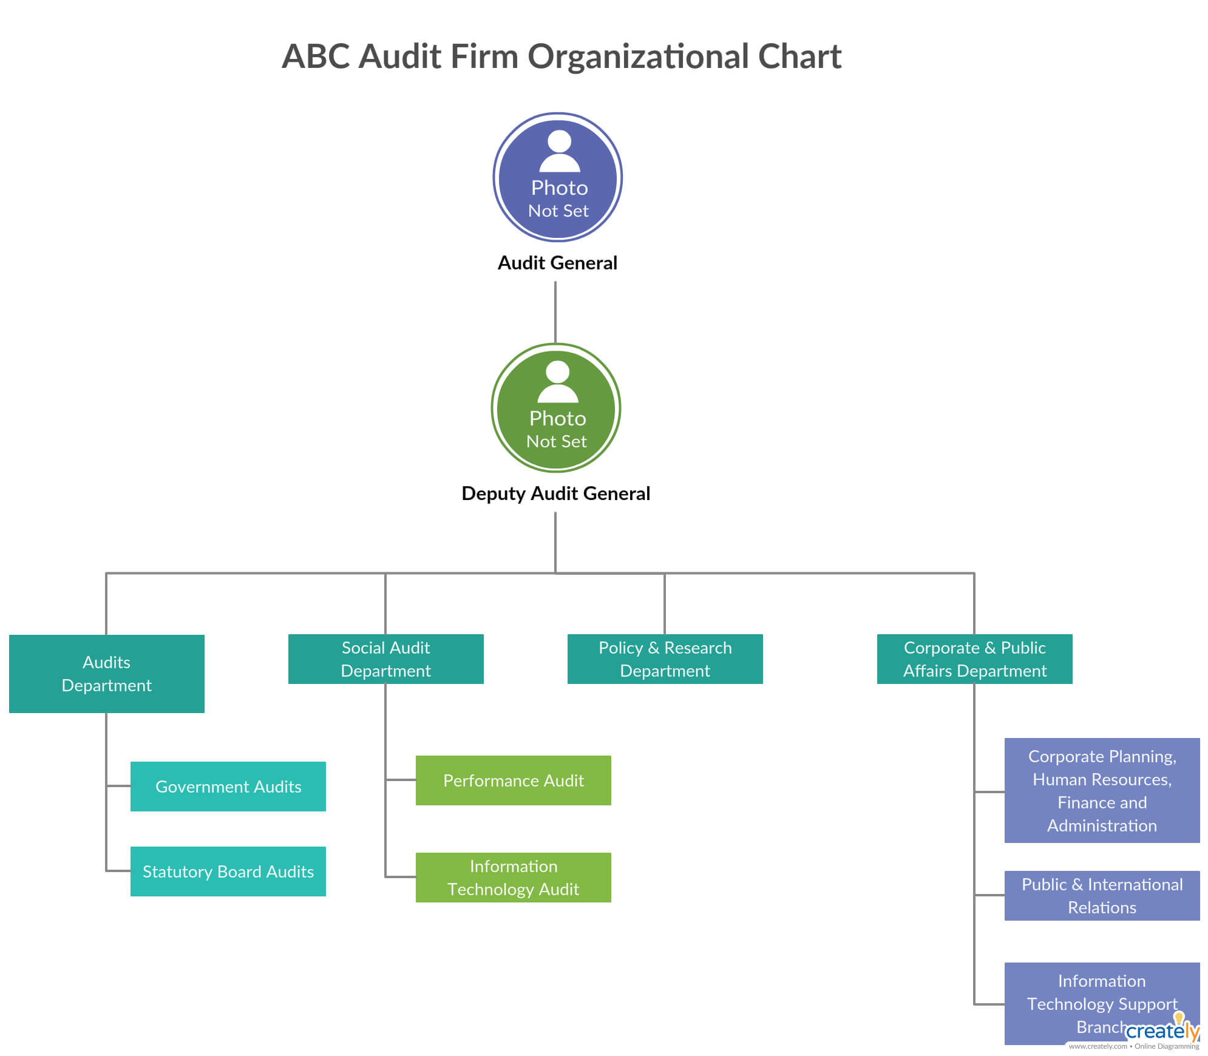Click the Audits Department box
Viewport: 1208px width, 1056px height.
tap(106, 674)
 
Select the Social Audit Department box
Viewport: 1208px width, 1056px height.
tap(385, 659)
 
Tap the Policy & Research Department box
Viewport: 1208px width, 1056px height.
tap(665, 659)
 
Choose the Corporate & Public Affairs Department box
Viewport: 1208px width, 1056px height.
tap(974, 659)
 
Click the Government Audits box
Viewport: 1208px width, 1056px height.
tap(228, 787)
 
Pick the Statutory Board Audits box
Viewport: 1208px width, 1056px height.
tap(228, 872)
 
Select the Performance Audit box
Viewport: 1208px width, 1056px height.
tap(513, 780)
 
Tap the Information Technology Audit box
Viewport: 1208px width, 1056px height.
tap(513, 878)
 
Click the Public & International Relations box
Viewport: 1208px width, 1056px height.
tap(1102, 896)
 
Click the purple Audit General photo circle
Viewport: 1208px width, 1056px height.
tap(557, 177)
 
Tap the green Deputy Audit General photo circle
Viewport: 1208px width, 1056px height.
tap(555, 408)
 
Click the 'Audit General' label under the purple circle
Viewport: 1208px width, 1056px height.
tap(557, 263)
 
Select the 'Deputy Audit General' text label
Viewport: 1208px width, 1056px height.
tap(555, 493)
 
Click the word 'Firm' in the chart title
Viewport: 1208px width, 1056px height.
tap(484, 56)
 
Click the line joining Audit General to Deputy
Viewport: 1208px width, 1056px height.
tap(555, 313)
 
